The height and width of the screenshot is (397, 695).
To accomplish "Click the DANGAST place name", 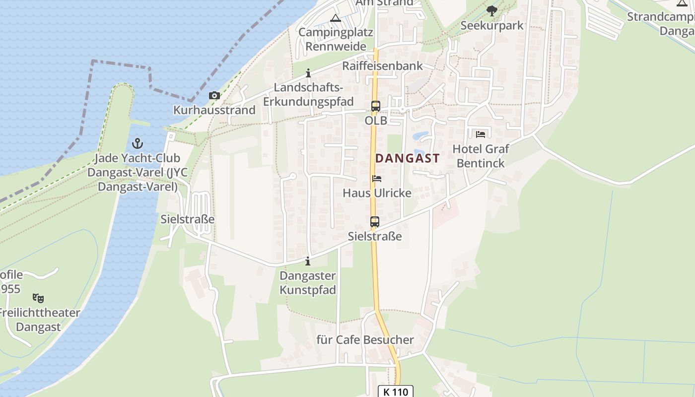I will pos(407,158).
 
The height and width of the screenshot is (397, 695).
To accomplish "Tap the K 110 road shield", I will pos(395,392).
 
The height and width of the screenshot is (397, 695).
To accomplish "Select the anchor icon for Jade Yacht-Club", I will pos(137,144).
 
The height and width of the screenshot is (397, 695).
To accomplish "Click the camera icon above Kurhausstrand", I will pos(214,95).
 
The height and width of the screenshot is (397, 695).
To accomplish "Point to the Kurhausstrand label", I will pos(214,110).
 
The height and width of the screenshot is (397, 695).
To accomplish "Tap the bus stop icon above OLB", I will pos(375,106).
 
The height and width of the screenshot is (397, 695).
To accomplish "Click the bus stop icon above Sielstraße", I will pos(375,222).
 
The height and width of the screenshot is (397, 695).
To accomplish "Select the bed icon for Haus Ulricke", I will pos(377,179).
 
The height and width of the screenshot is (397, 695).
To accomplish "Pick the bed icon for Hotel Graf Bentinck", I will pos(480,134).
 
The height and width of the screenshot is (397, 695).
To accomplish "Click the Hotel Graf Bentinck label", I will pos(480,156).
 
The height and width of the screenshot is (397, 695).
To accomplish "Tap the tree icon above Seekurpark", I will pos(491,10).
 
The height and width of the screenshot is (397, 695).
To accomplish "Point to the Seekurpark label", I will pos(491,25).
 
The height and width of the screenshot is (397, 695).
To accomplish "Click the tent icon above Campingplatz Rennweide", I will pos(336,18).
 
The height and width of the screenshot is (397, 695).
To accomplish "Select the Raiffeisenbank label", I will pos(382,66).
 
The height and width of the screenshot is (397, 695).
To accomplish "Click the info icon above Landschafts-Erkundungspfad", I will pos(308,73).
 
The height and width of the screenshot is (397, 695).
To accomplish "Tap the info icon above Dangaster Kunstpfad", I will pos(308,261).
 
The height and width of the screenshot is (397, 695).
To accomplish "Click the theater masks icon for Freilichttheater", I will pos(38,298).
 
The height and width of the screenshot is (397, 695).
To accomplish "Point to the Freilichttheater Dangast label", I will pos(38,320).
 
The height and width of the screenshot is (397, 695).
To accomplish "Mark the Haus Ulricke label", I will pos(377,193).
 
